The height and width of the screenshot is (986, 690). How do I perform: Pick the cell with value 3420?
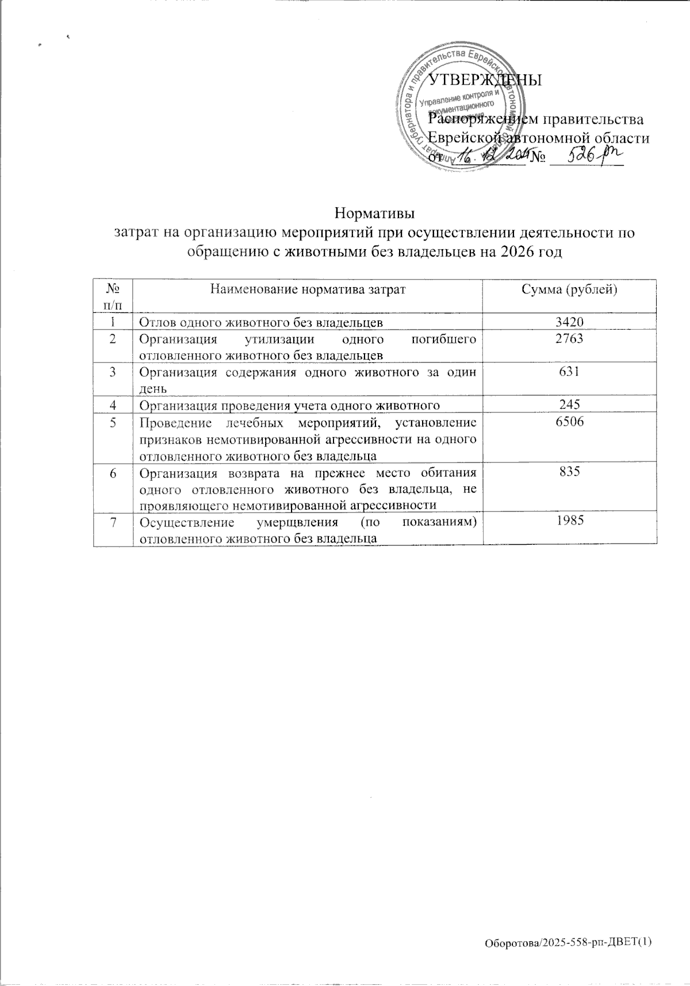[569, 323]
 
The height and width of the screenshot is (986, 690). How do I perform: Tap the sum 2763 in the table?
[569, 339]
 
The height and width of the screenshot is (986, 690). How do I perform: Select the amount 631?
[569, 372]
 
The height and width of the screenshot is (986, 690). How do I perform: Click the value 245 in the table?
[569, 405]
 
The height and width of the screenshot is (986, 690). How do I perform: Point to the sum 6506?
[569, 422]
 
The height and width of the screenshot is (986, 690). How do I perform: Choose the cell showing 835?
[569, 472]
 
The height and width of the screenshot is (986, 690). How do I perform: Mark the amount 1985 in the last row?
[569, 521]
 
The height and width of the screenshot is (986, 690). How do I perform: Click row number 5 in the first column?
[113, 423]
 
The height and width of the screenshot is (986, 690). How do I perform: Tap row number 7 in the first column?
[113, 522]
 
